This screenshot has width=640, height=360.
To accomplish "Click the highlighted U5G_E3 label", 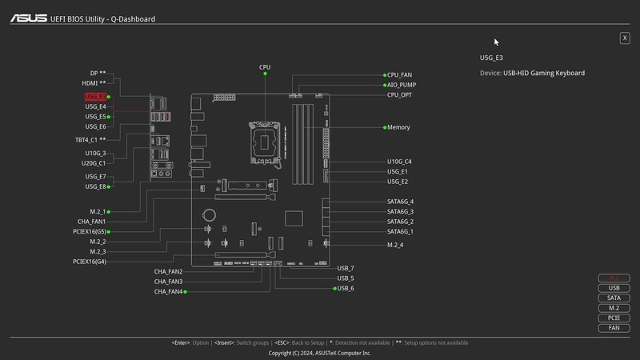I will (x=95, y=97).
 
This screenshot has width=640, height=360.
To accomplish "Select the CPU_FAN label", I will (x=399, y=74).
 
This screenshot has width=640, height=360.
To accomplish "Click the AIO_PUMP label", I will (x=401, y=85).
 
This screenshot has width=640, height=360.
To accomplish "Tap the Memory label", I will (x=398, y=127).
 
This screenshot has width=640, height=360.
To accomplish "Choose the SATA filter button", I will (x=614, y=298).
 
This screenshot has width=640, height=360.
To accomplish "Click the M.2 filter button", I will (x=614, y=308).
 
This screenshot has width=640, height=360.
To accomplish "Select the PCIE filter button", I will (x=614, y=318).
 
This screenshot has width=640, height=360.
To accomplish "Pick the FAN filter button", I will (x=614, y=328).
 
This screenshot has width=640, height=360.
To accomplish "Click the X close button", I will (x=625, y=38).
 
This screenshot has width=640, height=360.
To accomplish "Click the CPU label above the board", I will (x=265, y=67).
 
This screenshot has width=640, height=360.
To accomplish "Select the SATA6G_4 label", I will (x=400, y=202).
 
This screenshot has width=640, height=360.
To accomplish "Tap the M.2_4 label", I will (x=395, y=245).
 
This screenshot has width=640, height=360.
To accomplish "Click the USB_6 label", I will (x=346, y=288).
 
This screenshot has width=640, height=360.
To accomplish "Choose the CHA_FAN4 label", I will (x=169, y=292).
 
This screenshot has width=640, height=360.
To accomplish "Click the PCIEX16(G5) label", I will (x=89, y=232).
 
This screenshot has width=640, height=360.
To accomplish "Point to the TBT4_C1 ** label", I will (x=90, y=140).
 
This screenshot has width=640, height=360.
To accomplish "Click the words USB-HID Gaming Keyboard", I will (x=544, y=73).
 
